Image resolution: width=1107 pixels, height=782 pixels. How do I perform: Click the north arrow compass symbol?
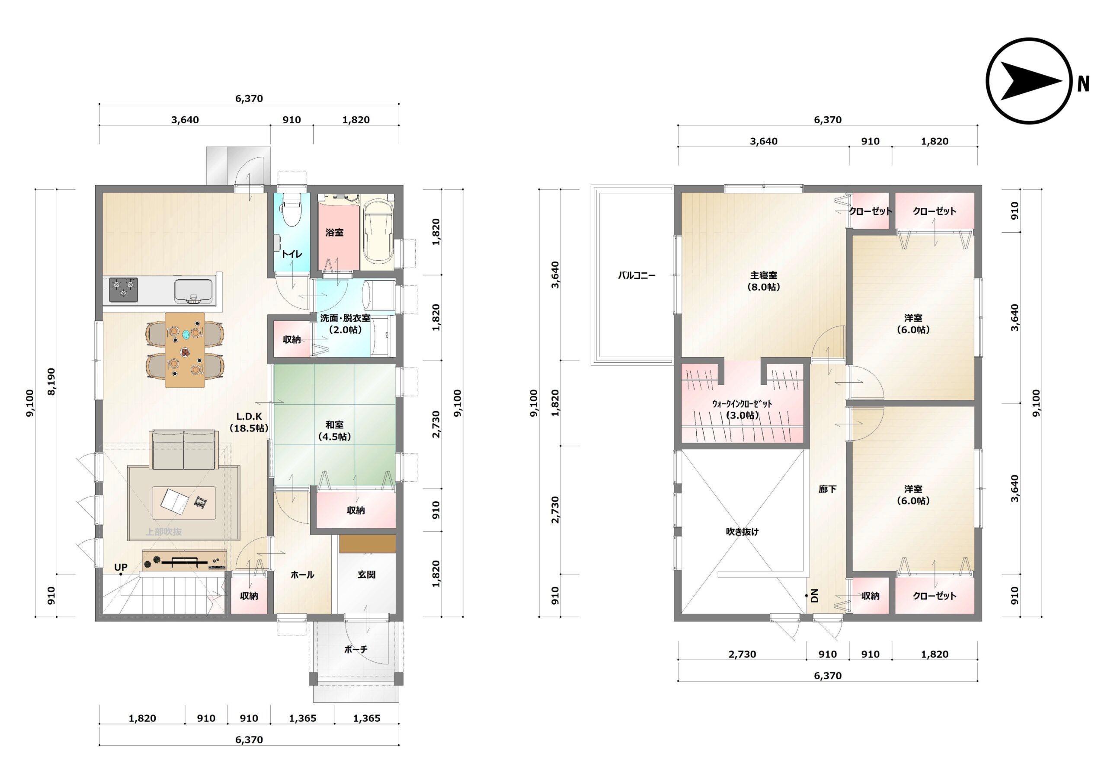[1029, 81]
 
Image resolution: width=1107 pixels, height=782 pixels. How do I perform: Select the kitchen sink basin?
[193, 291]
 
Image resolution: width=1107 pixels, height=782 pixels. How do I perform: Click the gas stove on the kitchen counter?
[123, 290]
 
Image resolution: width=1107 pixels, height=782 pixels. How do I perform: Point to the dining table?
[185, 350]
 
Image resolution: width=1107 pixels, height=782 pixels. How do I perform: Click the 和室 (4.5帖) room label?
[335, 431]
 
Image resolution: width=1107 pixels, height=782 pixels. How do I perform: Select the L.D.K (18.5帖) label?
[249, 422]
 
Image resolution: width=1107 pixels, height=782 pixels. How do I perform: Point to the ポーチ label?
[356, 649]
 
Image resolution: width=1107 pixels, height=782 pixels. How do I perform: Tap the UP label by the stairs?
[121, 567]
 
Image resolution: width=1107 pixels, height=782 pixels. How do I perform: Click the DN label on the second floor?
[815, 596]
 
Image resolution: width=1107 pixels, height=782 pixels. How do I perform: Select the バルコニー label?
[637, 275]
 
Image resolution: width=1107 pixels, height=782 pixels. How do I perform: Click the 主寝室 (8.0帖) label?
[764, 281]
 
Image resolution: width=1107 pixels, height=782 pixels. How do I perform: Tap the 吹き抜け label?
[742, 531]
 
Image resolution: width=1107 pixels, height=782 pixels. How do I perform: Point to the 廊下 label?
[827, 489]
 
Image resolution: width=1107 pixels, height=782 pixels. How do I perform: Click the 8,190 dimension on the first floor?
[51, 381]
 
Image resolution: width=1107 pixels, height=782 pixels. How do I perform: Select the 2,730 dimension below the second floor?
[742, 654]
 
